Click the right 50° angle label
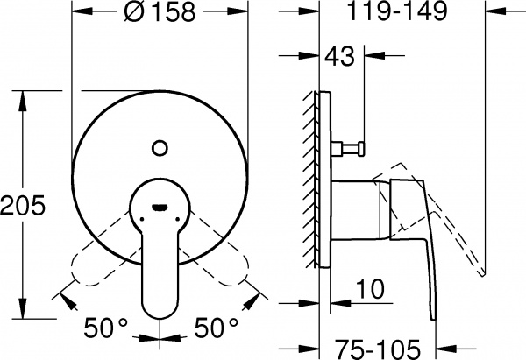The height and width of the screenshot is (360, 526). [x=214, y=330]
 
